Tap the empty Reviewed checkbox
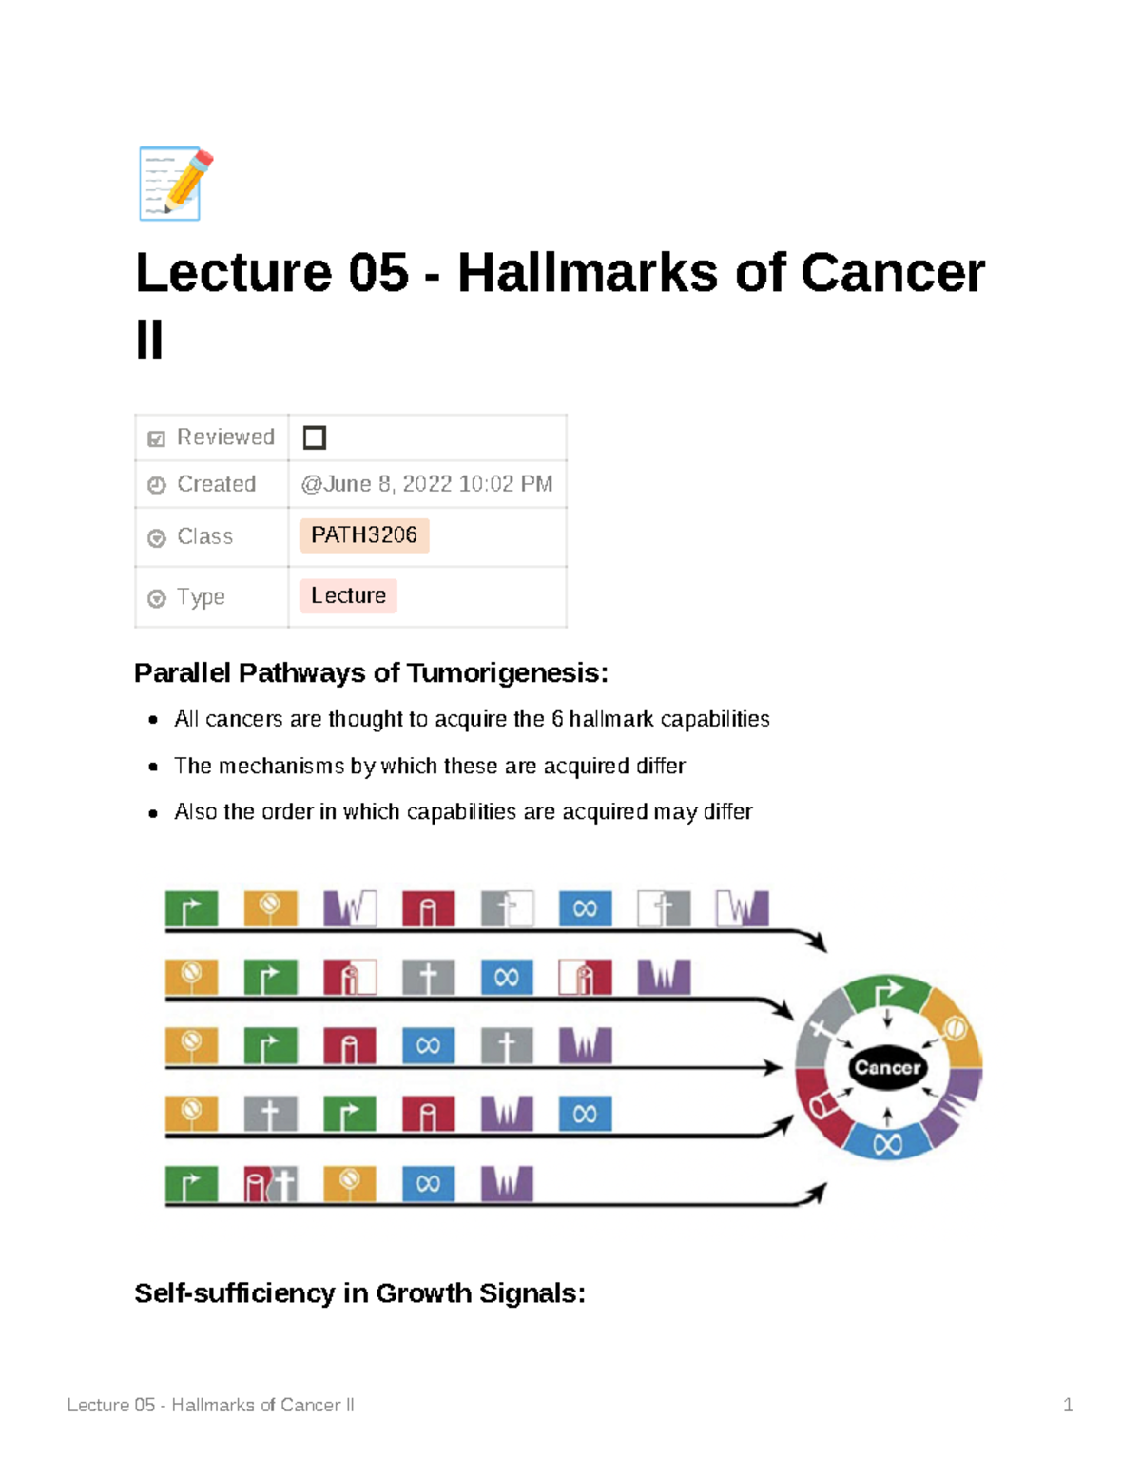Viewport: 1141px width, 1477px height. pos(314,437)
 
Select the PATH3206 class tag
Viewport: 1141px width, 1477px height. pos(364,535)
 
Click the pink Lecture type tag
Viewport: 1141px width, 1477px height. pos(348,596)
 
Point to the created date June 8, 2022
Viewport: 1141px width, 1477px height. pos(427,484)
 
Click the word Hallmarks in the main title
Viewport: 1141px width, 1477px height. pos(587,273)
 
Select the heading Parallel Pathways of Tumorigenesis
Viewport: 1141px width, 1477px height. pos(371,673)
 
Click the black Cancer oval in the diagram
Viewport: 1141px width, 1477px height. pos(887,1067)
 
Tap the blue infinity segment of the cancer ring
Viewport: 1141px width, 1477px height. pos(887,1142)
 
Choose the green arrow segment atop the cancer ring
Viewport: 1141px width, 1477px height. pos(887,993)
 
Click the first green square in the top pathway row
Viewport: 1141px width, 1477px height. pos(191,909)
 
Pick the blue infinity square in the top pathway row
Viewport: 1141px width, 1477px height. pos(585,909)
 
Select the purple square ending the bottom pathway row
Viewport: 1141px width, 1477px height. pos(507,1184)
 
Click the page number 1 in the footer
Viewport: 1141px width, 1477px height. pos(1068,1405)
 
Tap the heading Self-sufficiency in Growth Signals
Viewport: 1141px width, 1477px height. pos(359,1293)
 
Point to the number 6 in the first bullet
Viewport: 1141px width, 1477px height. pos(557,719)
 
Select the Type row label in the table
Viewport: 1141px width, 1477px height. pos(201,597)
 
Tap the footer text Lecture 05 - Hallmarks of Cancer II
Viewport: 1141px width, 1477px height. pos(210,1405)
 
